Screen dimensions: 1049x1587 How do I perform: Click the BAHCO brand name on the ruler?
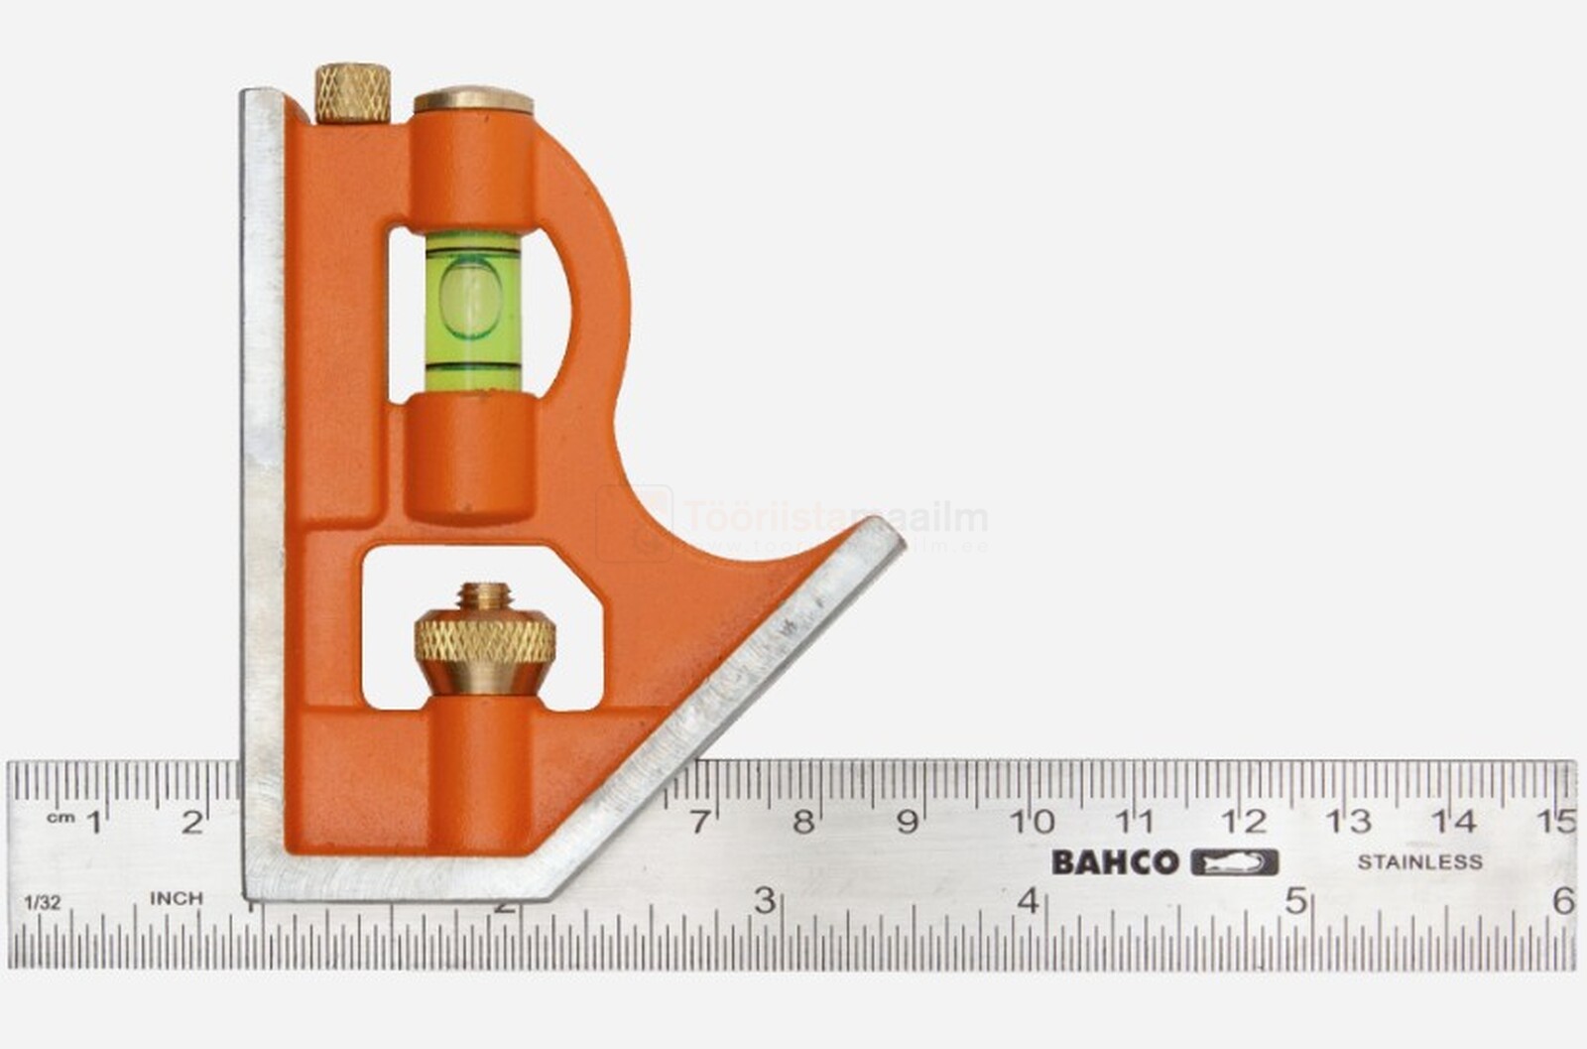point(1115,862)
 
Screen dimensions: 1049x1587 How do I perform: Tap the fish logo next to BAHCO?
point(1234,862)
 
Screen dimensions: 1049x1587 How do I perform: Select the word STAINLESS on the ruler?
point(1419,862)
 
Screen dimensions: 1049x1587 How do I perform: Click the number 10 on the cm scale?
point(1032,822)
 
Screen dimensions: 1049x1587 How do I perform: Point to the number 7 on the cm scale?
point(700,822)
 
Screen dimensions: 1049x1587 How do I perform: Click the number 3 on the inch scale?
point(764,901)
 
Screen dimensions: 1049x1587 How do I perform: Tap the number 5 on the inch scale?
point(1295,901)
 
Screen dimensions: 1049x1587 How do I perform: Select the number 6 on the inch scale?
point(1563,901)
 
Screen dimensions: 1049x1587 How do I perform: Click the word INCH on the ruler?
point(177,898)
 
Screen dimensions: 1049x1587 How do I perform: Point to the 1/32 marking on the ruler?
point(43,902)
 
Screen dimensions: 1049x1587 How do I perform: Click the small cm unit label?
point(61,817)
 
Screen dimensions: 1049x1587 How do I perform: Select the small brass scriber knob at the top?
point(352,93)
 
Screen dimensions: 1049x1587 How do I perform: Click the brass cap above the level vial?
point(473,100)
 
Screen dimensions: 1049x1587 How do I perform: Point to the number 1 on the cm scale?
point(95,822)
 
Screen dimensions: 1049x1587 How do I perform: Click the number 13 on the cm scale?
point(1349,822)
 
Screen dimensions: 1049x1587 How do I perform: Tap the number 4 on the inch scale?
point(1029,901)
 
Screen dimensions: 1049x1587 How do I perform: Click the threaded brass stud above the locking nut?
point(484,597)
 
